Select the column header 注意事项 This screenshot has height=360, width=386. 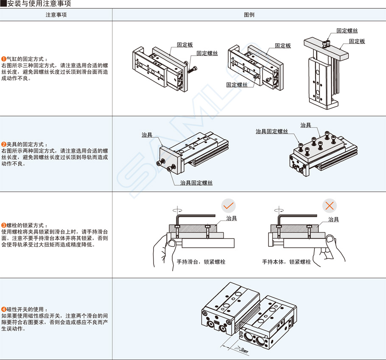(x=56, y=15)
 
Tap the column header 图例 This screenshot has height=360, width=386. (x=249, y=15)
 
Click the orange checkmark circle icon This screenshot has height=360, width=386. (x=228, y=206)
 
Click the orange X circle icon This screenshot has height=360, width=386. (x=330, y=206)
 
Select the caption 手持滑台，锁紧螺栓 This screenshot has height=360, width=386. (x=201, y=262)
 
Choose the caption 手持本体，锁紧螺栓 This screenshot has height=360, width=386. (x=286, y=262)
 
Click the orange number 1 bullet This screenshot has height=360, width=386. (x=4, y=59)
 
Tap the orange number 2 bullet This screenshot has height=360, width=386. (x=4, y=145)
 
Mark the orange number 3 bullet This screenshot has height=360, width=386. (x=4, y=226)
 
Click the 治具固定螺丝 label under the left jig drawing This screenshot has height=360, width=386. (x=196, y=183)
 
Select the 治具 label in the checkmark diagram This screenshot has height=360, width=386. (x=232, y=218)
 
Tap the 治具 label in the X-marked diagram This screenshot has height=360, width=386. (x=333, y=219)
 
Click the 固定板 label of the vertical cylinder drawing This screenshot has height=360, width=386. (x=357, y=41)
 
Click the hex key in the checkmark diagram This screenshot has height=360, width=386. (x=182, y=217)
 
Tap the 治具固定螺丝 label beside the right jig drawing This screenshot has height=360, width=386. (x=271, y=132)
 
